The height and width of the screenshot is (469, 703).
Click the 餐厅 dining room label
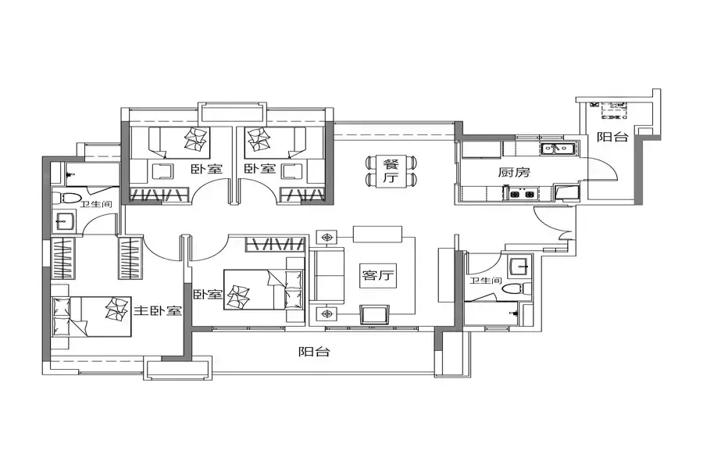coord(391,170)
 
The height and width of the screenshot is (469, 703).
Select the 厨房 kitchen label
coord(514,172)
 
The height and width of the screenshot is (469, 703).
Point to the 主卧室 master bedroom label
coord(158,310)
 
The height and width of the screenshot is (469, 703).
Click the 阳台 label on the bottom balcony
coord(314,352)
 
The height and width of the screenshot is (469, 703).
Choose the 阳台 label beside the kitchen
coord(612,137)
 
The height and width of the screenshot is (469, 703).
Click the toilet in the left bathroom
coord(66,198)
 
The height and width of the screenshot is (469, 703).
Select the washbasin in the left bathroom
coord(65,221)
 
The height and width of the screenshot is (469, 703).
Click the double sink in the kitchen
coord(557,148)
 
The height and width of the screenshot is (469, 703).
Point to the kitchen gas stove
coord(521,195)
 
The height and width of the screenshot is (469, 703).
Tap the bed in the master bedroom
coord(91,317)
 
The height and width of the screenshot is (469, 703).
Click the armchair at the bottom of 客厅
coord(375,313)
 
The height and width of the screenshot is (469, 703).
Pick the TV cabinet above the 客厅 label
coord(377,234)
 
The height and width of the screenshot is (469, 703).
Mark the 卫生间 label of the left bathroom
coord(96,205)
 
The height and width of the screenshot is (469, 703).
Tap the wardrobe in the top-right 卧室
coord(302,195)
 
